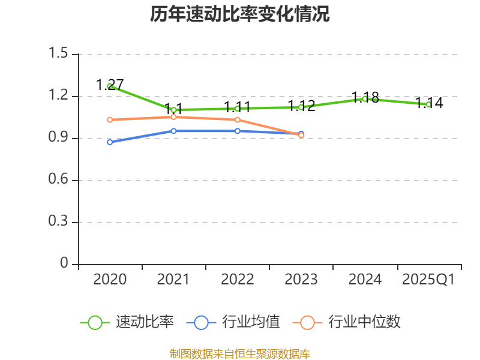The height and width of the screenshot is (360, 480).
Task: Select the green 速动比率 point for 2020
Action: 110,86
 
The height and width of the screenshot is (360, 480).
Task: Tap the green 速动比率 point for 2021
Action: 173,110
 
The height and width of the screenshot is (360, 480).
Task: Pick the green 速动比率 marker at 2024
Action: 365,98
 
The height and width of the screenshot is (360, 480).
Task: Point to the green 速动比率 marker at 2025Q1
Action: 428,104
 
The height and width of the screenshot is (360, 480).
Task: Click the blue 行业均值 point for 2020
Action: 110,142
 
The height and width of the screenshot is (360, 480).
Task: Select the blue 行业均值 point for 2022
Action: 238,131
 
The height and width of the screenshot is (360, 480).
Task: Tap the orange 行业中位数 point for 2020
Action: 110,120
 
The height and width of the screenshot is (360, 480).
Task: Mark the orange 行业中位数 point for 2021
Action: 173,117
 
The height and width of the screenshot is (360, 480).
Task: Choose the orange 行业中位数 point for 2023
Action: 301,136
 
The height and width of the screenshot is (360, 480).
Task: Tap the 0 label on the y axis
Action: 65,264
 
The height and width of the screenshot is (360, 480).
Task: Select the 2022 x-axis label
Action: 238,280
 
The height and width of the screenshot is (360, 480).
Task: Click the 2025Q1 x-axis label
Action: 428,280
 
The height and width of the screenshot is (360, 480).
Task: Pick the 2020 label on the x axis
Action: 110,280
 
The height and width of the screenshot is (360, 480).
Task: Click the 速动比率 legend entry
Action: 127,322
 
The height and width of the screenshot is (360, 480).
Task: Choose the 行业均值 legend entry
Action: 233,322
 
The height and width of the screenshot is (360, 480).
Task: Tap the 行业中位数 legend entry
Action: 347,322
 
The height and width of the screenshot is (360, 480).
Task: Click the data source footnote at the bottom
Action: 240,353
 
